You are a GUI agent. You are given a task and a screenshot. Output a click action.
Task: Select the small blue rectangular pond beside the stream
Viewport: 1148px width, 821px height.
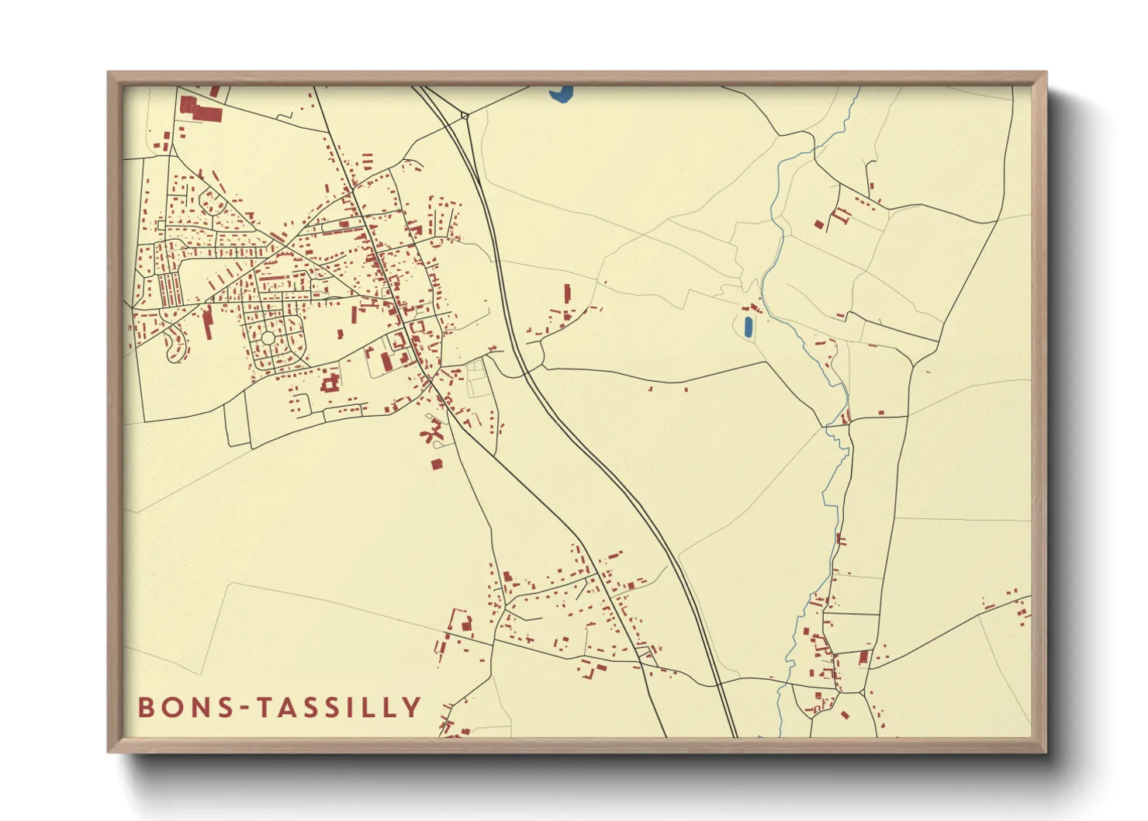748,326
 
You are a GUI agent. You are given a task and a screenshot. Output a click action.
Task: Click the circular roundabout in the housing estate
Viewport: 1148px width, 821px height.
268,338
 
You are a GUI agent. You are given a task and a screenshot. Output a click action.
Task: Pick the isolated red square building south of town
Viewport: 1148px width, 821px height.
436,464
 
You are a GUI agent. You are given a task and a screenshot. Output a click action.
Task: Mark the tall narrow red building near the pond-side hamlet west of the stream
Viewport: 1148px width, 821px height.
567,293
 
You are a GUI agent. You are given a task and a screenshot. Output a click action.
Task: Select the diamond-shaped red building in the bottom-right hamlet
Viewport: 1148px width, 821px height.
845,715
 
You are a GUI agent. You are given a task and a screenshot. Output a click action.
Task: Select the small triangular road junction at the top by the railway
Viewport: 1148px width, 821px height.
464,117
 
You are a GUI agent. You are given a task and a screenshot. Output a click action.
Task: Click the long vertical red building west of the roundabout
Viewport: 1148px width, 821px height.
208,321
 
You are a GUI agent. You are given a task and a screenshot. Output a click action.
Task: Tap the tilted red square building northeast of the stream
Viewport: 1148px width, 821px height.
819,224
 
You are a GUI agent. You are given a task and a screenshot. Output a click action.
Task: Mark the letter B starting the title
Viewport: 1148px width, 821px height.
145,707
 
